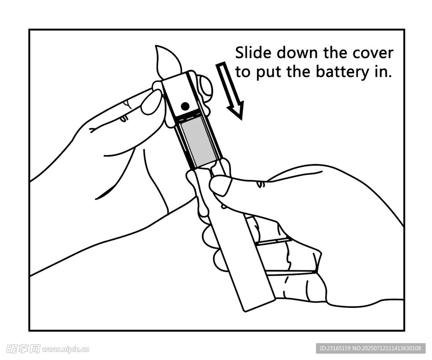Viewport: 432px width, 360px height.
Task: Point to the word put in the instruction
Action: tap(267, 73)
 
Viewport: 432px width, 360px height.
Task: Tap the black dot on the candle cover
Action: tap(185, 106)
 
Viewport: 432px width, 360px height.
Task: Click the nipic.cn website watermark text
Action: tap(66, 349)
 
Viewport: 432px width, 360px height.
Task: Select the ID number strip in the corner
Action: tap(371, 348)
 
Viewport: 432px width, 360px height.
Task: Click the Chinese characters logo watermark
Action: tap(23, 349)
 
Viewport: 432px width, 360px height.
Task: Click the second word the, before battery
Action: tap(297, 72)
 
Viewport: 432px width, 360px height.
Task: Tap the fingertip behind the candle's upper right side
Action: tap(205, 85)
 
